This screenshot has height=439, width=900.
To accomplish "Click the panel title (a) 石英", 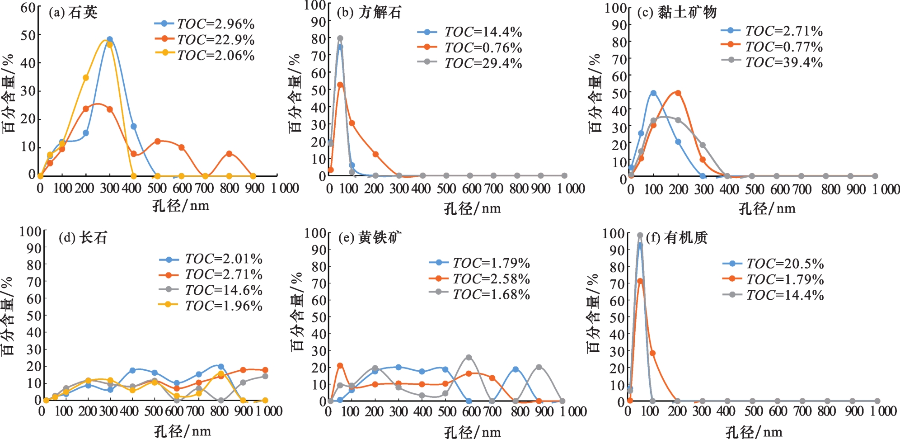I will coord(73,12).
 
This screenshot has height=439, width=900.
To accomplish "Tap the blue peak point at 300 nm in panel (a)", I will coord(109,39).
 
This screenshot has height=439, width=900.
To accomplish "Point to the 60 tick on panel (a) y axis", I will coord(28,8).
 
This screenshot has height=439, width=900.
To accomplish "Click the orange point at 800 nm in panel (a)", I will coord(230,154).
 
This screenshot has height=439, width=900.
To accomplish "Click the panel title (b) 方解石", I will coord(369,12).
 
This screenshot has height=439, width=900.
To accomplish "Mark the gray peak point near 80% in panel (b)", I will coord(340,38).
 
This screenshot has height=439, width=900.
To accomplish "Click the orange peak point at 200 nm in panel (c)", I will coord(678,93).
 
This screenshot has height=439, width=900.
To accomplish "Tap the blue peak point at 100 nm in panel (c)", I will coord(653,93).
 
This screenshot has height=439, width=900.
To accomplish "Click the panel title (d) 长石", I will coord(83,237).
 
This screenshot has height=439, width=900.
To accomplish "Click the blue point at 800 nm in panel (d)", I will coord(221,367).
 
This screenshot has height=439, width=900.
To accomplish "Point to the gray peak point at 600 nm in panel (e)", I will coord(469,358).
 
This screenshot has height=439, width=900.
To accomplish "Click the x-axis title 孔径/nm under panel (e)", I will coord(472,432).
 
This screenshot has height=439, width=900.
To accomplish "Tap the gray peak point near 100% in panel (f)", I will coord(640,235).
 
